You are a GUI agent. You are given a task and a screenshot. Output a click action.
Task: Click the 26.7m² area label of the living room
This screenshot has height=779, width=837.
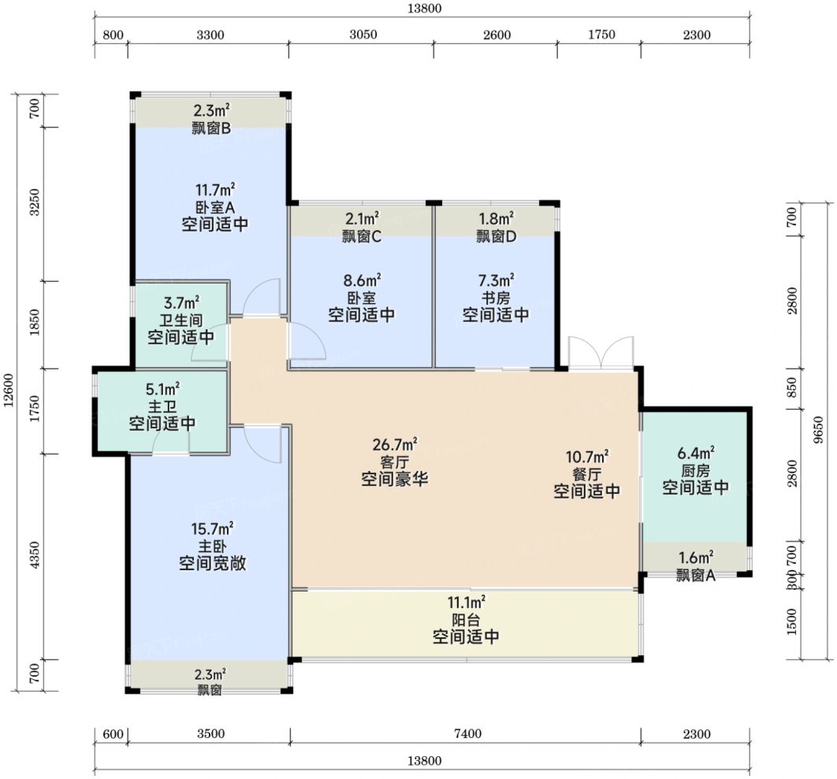pos(395,444)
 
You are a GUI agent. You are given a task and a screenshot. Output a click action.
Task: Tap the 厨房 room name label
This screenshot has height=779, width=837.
pos(696,470)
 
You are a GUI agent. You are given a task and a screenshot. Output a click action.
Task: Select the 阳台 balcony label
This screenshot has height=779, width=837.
pos(466,620)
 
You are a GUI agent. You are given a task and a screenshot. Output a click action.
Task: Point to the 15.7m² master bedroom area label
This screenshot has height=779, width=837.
pos(212,529)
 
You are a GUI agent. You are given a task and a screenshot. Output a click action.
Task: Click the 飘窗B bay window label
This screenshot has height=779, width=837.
pos(211,128)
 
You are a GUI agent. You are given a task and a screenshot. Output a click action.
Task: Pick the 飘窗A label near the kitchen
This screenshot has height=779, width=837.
pos(696,575)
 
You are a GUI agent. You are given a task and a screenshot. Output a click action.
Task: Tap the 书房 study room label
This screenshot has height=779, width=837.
pos(496,297)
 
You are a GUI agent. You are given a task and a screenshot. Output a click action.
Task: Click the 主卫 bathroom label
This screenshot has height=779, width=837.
pos(162,406)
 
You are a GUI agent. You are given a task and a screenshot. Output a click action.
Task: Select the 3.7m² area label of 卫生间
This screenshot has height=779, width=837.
pos(181,303)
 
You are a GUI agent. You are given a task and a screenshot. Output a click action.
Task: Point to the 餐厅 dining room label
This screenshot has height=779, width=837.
pos(586,474)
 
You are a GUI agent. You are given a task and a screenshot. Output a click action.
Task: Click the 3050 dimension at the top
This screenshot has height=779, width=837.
pos(363,35)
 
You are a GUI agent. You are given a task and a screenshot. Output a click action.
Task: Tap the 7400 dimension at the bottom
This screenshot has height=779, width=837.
pos(467,733)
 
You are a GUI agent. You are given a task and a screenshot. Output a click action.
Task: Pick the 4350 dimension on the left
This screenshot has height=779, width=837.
pos(35,555)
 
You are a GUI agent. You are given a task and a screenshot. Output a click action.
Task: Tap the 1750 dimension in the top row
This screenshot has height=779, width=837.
pos(601,35)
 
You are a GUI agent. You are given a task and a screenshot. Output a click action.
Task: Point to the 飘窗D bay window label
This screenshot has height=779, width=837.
pos(497,236)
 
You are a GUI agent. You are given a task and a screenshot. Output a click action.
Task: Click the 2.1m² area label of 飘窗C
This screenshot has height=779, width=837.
pos(362,219)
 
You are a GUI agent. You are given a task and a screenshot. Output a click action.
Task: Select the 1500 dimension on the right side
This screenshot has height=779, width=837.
pos(791,621)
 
